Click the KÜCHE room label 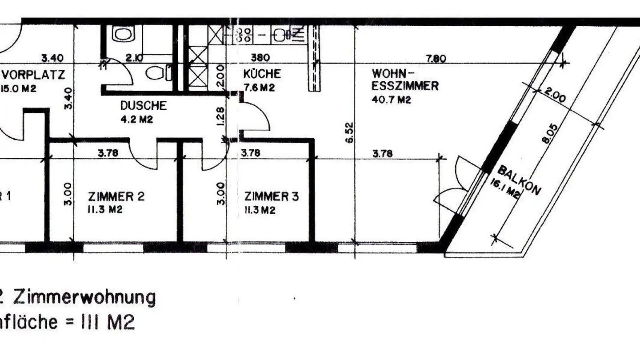tap(262, 74)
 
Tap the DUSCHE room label tap(143, 106)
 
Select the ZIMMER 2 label tap(116, 196)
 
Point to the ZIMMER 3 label tap(271, 196)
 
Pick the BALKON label tap(519, 180)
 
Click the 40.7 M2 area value tap(391, 100)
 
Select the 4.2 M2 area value tap(137, 119)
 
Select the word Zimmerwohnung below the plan tap(84, 297)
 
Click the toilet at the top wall tap(122, 34)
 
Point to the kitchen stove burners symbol tap(243, 34)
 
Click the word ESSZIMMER tap(405, 86)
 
